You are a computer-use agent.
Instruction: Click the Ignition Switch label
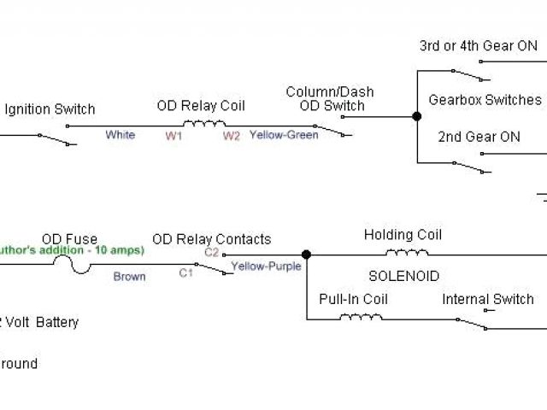pyautogui.click(x=50, y=109)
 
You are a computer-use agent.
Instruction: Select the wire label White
pyautogui.click(x=121, y=135)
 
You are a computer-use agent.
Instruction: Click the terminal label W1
pyautogui.click(x=174, y=136)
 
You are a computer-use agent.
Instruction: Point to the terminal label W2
pyautogui.click(x=232, y=136)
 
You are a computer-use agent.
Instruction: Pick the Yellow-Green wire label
pyautogui.click(x=284, y=135)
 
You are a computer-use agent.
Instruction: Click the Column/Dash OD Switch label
pyautogui.click(x=330, y=99)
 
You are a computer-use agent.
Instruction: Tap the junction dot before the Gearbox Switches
pyautogui.click(x=417, y=116)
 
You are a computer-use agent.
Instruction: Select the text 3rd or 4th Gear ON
pyautogui.click(x=479, y=46)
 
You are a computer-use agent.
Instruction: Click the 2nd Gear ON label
pyautogui.click(x=479, y=137)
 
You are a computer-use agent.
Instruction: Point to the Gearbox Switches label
pyautogui.click(x=485, y=100)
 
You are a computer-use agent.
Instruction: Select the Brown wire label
pyautogui.click(x=130, y=277)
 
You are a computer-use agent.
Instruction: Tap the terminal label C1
pyautogui.click(x=185, y=273)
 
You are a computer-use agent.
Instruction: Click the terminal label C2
pyautogui.click(x=210, y=252)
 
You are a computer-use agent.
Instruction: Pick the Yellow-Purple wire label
pyautogui.click(x=266, y=266)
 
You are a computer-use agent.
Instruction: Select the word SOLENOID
pyautogui.click(x=403, y=277)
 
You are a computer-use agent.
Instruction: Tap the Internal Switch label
pyautogui.click(x=488, y=299)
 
